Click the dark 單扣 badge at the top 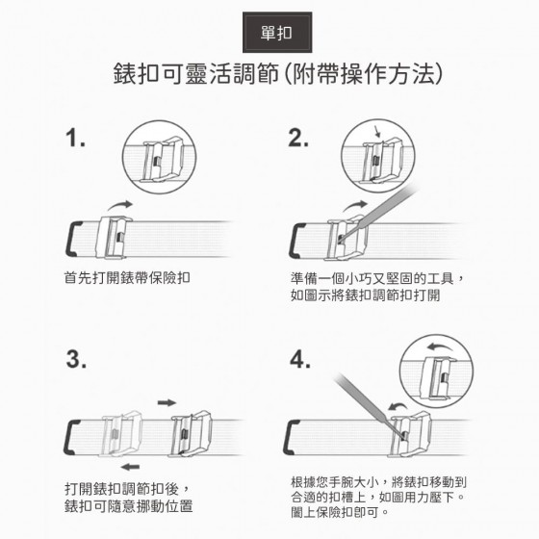coord(277,33)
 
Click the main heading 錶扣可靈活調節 coord(196,74)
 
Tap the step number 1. coord(75,138)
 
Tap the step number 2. coord(298,138)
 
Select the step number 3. coord(76,359)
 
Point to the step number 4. coord(299,359)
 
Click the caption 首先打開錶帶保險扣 coord(127,278)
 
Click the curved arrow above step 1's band coord(120,205)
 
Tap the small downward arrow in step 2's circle coord(377,131)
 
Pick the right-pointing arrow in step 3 coord(167,402)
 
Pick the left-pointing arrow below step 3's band coord(130,467)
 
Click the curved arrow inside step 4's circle coord(441,346)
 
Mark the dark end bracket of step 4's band coord(291,437)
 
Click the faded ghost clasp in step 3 coord(121,434)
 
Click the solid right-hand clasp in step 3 coord(191,433)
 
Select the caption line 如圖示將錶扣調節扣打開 coord(365,295)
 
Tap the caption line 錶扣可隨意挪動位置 coord(129,505)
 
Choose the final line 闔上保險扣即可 coord(340,512)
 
